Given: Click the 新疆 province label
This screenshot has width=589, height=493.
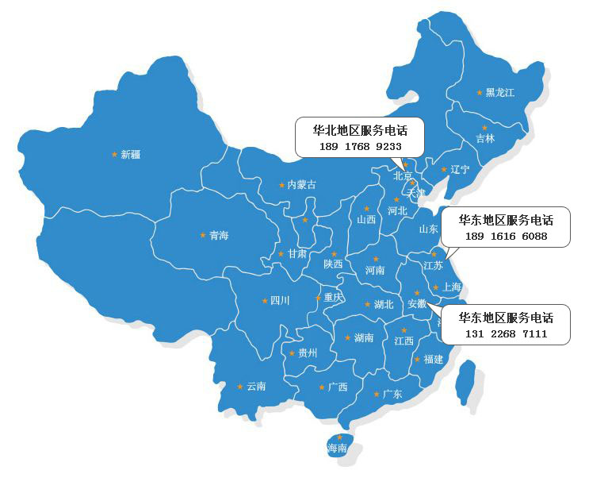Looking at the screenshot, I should [131, 155].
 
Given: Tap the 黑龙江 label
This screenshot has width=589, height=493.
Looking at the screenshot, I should [500, 93].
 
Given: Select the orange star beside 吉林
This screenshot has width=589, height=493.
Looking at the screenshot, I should [484, 127].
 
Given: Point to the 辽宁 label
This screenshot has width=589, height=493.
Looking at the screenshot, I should [460, 169].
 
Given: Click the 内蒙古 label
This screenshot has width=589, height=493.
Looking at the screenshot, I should [301, 185].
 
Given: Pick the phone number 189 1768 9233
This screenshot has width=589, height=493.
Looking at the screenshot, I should [361, 147].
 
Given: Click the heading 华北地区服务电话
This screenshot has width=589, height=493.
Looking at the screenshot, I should [361, 131].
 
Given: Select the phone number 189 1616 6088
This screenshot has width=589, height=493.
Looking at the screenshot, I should [506, 236].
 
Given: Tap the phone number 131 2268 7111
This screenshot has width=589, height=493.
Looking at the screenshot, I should [506, 334].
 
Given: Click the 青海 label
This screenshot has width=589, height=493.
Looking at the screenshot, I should [219, 236].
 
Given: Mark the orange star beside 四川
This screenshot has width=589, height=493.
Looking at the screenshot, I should [265, 300].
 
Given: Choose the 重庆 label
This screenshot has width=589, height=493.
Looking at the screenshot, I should [334, 298].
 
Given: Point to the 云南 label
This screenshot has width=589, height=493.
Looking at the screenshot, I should [256, 387].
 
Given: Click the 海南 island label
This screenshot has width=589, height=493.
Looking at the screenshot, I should [337, 449].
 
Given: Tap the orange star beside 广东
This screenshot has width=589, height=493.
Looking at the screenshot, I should [377, 393].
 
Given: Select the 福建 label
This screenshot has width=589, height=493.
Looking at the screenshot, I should [434, 360].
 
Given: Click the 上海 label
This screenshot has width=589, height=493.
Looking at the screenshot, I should [452, 287].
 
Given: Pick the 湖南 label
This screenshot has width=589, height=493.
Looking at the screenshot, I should [364, 338].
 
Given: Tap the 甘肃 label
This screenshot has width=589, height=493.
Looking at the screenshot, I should [297, 254].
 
